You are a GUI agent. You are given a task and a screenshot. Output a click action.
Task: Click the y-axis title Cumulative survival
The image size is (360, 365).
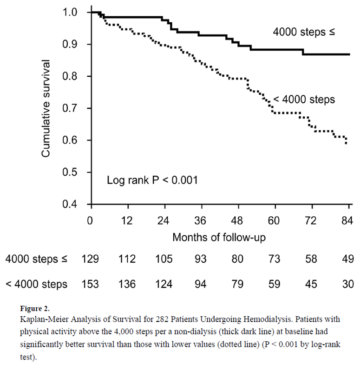pyautogui.click(x=46, y=108)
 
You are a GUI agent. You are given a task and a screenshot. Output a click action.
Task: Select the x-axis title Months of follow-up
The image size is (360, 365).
pyautogui.click(x=218, y=237)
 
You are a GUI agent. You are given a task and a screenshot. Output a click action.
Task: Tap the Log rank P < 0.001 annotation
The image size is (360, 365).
pyautogui.click(x=153, y=179)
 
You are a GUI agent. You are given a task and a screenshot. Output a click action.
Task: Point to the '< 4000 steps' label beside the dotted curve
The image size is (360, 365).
pyautogui.click(x=304, y=99)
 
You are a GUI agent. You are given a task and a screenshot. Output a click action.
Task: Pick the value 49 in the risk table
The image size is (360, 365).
pyautogui.click(x=347, y=259)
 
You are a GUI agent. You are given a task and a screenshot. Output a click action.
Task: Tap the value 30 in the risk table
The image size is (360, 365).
pyautogui.click(x=347, y=284)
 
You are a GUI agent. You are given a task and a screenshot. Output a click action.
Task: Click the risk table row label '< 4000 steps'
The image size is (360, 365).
pyautogui.click(x=36, y=284)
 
